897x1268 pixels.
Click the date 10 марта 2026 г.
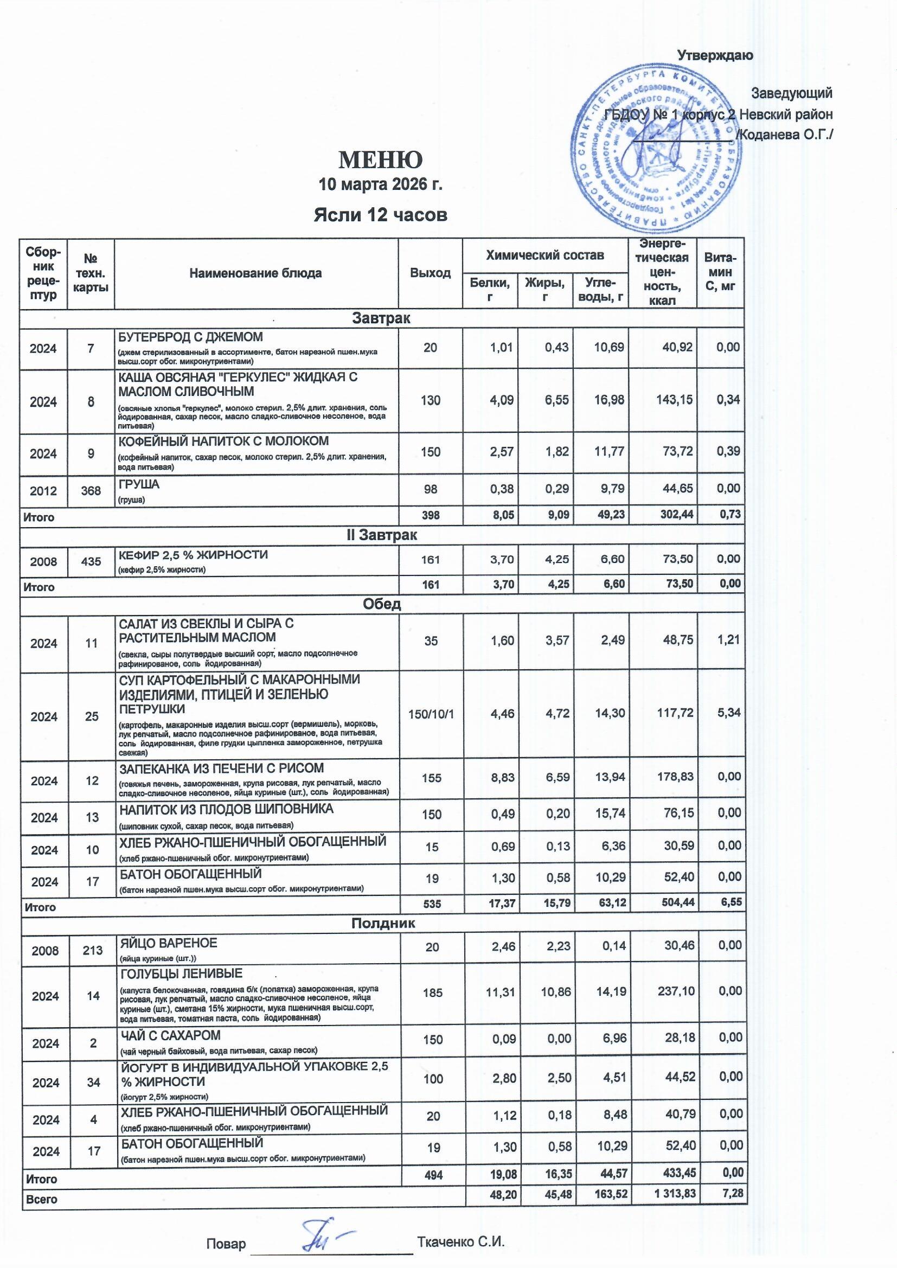[x=381, y=184]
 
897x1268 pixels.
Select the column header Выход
[x=430, y=273]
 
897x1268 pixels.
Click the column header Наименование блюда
[x=255, y=273]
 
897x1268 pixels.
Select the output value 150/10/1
[x=431, y=714]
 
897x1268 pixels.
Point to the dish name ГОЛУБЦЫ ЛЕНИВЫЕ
[x=182, y=973]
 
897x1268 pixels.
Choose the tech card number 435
[x=91, y=562]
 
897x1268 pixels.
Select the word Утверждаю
[x=715, y=55]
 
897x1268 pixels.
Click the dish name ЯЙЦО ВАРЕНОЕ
[x=169, y=942]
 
